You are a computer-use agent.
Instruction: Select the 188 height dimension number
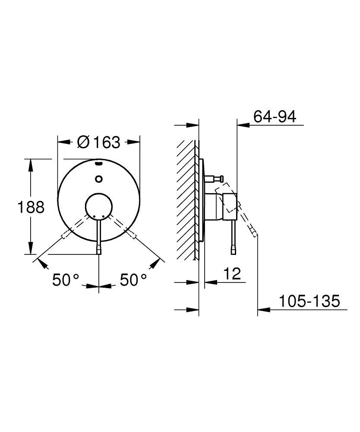[x=31, y=207]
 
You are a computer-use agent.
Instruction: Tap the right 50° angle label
[x=133, y=280]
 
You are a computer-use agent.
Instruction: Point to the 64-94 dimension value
[x=275, y=117]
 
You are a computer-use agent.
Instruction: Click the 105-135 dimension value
[x=309, y=301]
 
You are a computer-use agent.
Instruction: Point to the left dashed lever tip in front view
[x=65, y=235]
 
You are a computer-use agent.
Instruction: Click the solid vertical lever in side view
[x=234, y=235]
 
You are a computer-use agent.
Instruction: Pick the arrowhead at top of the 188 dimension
[x=31, y=163]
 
